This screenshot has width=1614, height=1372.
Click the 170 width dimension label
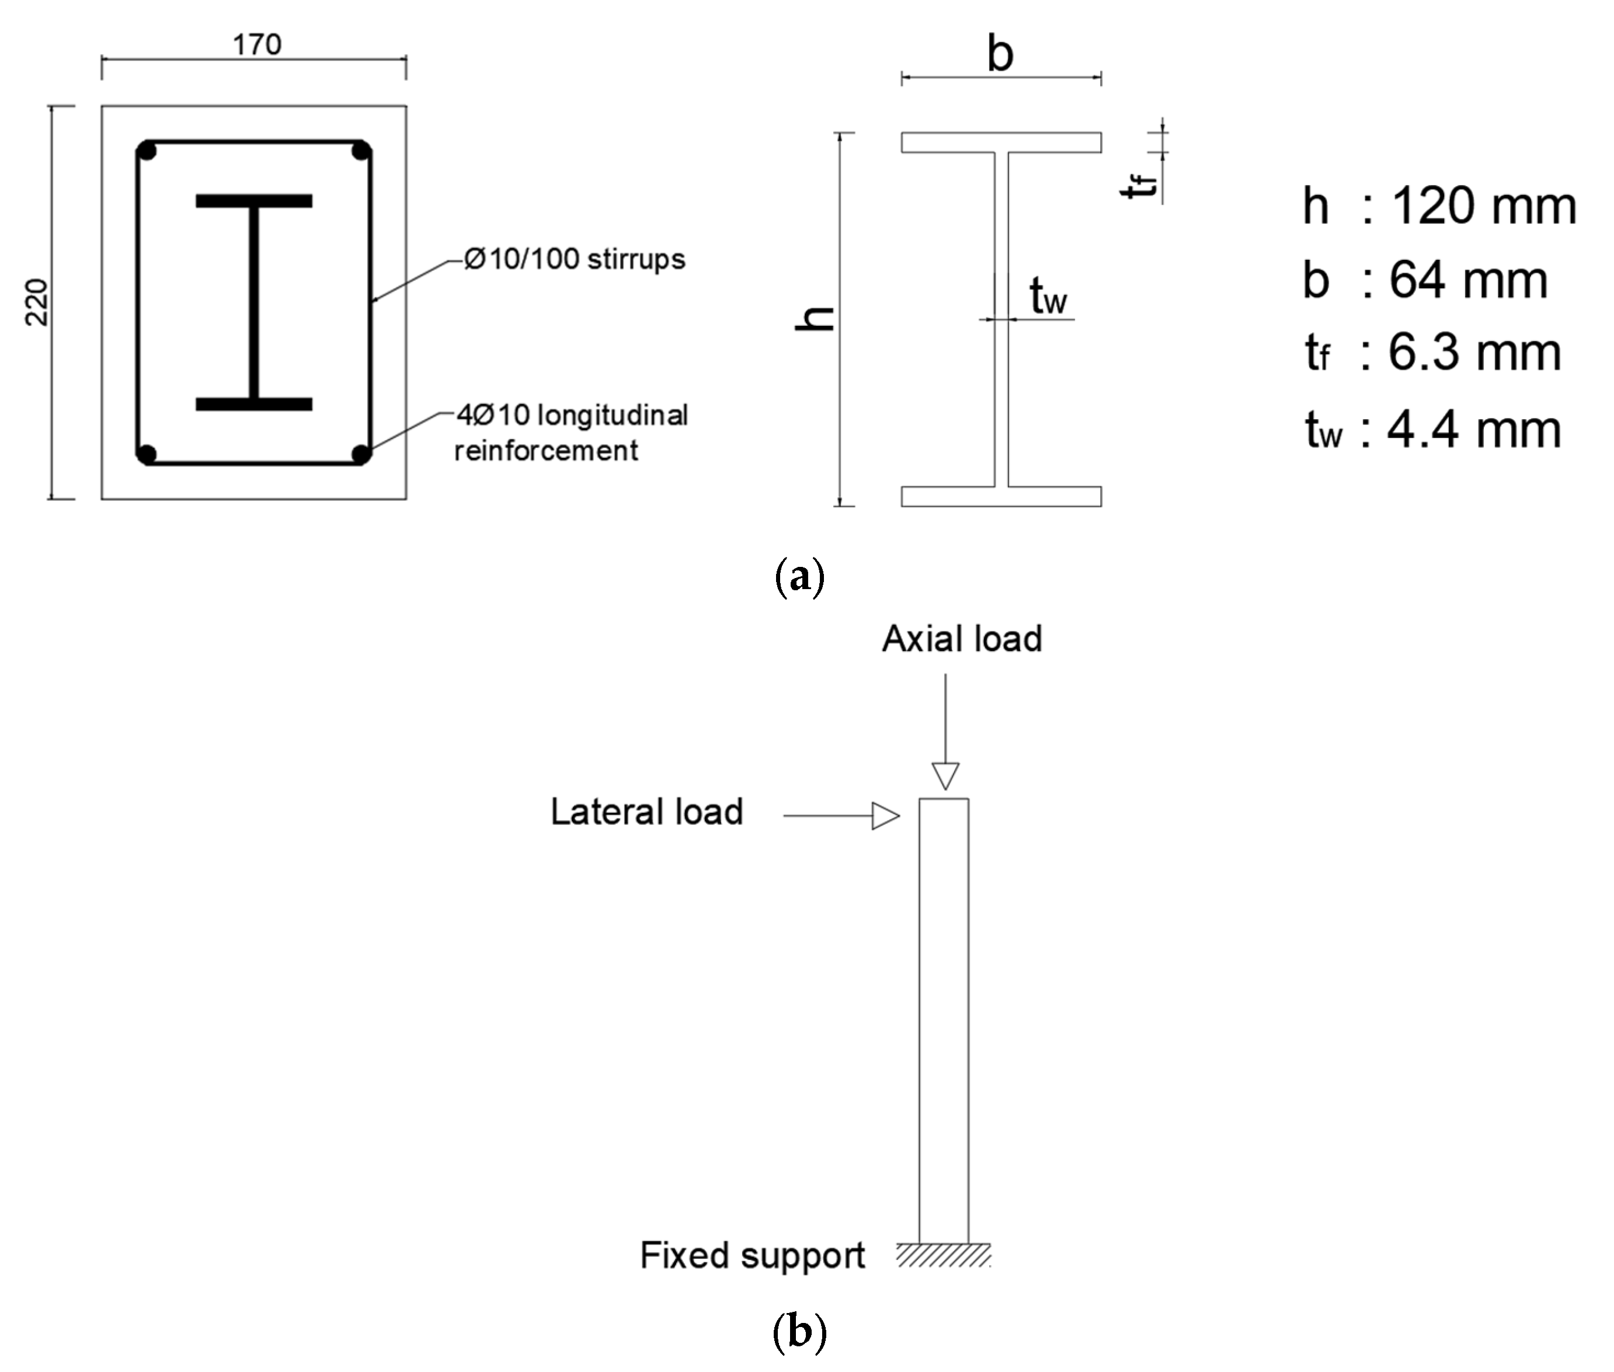click(x=257, y=45)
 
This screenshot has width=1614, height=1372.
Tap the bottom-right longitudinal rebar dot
click(x=361, y=454)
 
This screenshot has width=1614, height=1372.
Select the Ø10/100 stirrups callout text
click(x=574, y=259)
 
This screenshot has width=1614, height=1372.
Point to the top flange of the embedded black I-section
click(x=253, y=201)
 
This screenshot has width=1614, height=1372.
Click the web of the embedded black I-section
click(x=253, y=304)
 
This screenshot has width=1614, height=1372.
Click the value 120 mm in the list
click(x=1483, y=207)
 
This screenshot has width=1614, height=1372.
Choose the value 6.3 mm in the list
click(x=1474, y=352)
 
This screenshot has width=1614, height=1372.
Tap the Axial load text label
click(x=961, y=639)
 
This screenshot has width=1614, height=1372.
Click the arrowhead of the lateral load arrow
click(x=885, y=816)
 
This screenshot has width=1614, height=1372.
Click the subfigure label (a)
click(x=799, y=577)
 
